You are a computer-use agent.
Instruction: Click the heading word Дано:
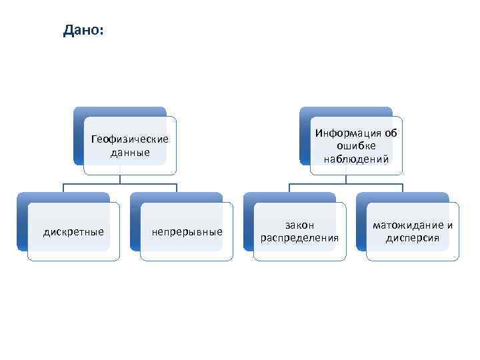click(x=83, y=31)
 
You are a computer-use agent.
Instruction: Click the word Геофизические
click(x=130, y=139)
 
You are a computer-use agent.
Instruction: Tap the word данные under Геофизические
click(x=130, y=152)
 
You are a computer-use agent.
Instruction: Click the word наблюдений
click(x=356, y=159)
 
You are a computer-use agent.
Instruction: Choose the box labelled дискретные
click(x=73, y=232)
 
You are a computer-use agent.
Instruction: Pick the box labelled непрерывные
click(x=187, y=232)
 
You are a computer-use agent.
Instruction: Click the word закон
click(x=299, y=225)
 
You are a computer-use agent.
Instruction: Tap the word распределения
click(x=299, y=238)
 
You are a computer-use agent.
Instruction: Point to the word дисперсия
click(x=413, y=238)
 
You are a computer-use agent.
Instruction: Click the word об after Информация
click(x=391, y=133)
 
